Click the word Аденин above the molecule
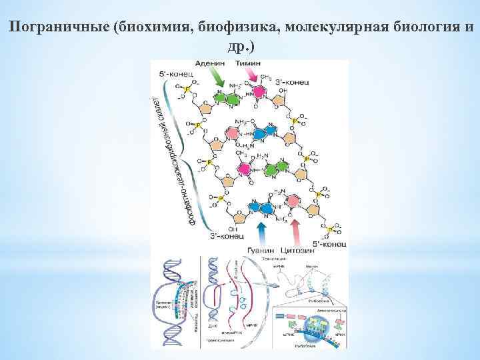(209, 63)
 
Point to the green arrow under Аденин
(218, 79)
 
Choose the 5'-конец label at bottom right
(331, 245)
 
